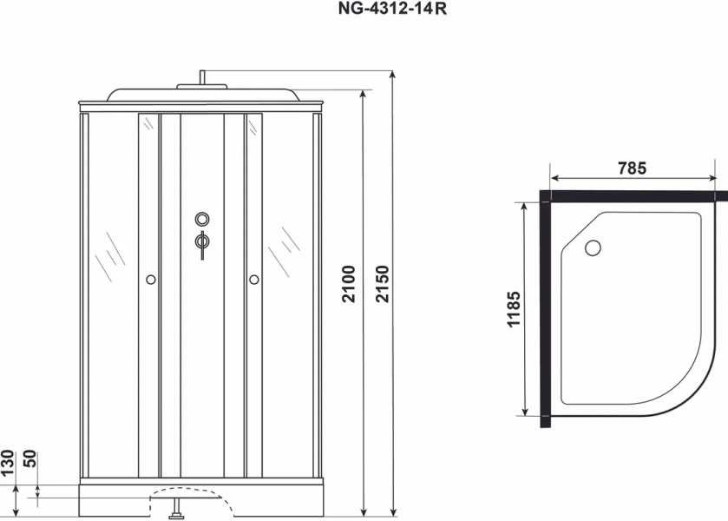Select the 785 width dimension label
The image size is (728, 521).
coord(632,169)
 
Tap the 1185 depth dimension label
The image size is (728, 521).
coord(515,309)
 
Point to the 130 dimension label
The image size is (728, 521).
coord(8,461)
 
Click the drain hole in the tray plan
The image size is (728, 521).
coord(594,248)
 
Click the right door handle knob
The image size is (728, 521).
coord(254,280)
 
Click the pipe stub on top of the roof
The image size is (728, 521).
coord(201,77)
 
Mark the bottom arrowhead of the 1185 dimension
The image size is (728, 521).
coord(526,412)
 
